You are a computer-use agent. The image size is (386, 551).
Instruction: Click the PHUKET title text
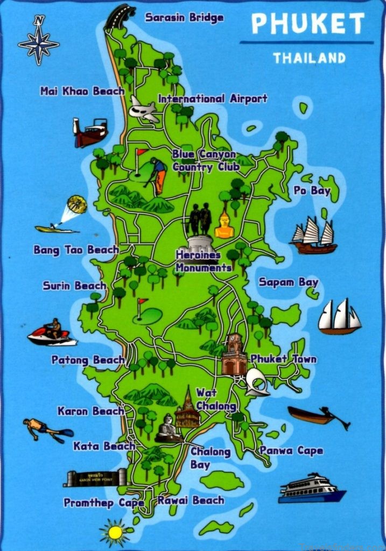[307, 24]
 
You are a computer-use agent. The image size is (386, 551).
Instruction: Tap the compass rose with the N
[38, 41]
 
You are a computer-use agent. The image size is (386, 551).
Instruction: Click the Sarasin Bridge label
[184, 18]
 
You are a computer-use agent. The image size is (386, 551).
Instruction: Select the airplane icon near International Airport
[143, 110]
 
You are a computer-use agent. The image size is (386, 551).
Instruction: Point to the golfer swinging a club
[157, 175]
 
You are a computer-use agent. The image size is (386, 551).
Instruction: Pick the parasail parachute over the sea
[76, 204]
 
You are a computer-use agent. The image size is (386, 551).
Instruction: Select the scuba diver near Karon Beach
[46, 429]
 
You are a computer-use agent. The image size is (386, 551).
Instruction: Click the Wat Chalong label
[215, 399]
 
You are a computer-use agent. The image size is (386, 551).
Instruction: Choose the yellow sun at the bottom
[115, 532]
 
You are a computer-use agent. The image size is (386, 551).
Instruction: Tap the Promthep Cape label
[103, 503]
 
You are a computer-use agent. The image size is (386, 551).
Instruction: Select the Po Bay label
[312, 190]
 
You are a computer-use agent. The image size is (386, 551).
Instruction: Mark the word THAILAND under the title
[309, 58]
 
